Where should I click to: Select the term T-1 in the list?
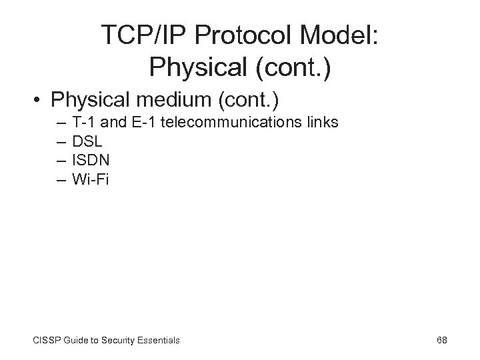tap(83, 123)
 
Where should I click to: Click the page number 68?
tap(441, 340)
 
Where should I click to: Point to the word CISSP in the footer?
tap(45, 341)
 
